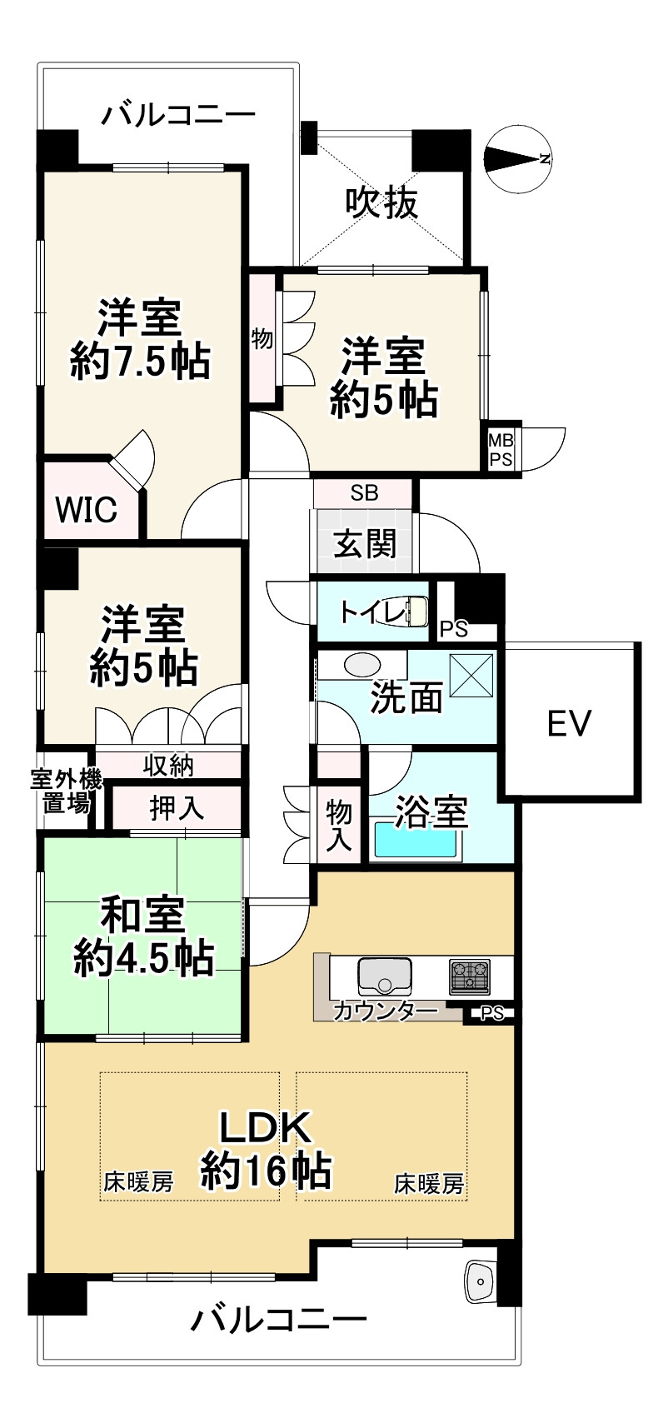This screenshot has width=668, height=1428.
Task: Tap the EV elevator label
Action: [570, 723]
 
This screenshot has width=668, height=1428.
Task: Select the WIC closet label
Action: [86, 509]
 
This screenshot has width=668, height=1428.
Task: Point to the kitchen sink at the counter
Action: [385, 975]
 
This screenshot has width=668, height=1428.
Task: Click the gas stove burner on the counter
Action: [471, 976]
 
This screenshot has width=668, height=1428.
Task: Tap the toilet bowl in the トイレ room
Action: [416, 612]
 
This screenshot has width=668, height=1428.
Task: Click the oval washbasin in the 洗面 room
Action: [361, 665]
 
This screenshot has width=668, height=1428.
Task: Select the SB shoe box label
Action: [364, 492]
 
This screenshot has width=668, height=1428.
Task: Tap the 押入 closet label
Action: [176, 807]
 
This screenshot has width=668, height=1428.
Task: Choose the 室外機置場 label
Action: [67, 791]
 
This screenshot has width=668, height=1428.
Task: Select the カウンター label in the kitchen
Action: [385, 1011]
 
